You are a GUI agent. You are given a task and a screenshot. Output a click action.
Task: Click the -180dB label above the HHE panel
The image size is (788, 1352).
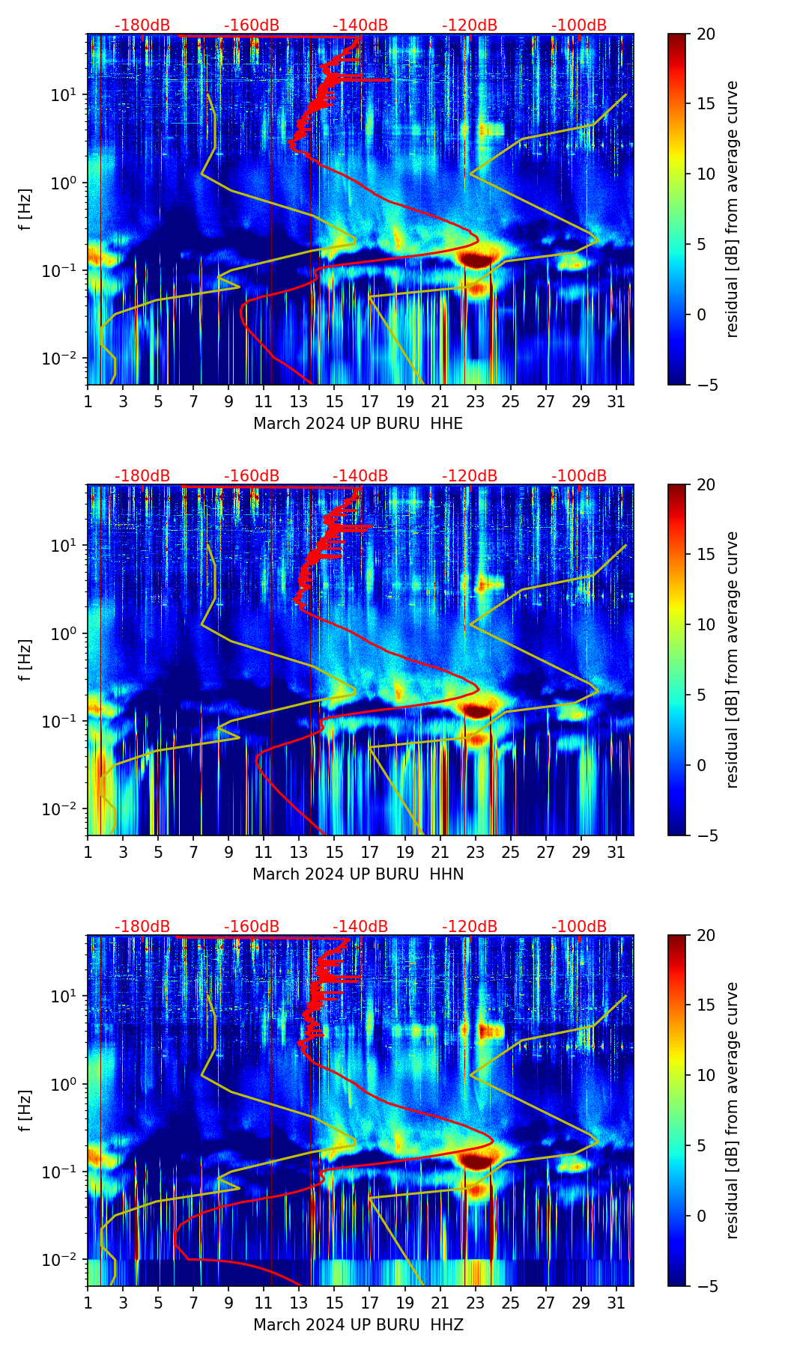[x=142, y=25]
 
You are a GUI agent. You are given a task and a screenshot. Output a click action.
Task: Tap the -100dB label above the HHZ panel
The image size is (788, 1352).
[x=579, y=927]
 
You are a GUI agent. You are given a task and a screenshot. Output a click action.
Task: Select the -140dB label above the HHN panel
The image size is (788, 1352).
[x=360, y=476]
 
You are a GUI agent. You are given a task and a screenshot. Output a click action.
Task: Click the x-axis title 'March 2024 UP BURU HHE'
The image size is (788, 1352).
[x=358, y=424]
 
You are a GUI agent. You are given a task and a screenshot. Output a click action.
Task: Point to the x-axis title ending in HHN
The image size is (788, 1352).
[x=358, y=874]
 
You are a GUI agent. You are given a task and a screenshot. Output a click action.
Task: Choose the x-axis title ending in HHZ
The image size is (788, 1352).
[x=358, y=1325]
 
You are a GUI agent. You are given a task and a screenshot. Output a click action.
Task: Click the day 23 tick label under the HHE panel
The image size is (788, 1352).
[x=476, y=402]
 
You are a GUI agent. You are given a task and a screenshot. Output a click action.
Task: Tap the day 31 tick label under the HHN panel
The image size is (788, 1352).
[x=616, y=853]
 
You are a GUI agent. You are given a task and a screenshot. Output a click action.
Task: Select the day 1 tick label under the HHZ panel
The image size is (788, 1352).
[x=88, y=1303]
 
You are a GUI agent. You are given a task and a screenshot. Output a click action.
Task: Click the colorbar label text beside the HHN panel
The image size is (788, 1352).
[x=733, y=660]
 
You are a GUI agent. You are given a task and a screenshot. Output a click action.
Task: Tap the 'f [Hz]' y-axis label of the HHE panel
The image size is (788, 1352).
[x=26, y=209]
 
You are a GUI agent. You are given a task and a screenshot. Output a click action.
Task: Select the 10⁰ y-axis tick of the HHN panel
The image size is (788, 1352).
[x=63, y=634]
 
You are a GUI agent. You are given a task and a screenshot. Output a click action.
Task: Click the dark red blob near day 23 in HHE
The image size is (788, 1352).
[x=476, y=260]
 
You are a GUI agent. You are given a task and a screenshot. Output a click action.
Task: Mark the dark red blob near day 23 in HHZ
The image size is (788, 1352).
[x=476, y=1161]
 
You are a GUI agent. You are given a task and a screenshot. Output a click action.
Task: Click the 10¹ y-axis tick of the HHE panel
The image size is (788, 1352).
[x=63, y=95]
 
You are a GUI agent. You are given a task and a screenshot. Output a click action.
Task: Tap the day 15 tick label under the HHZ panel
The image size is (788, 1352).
[x=335, y=1303]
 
